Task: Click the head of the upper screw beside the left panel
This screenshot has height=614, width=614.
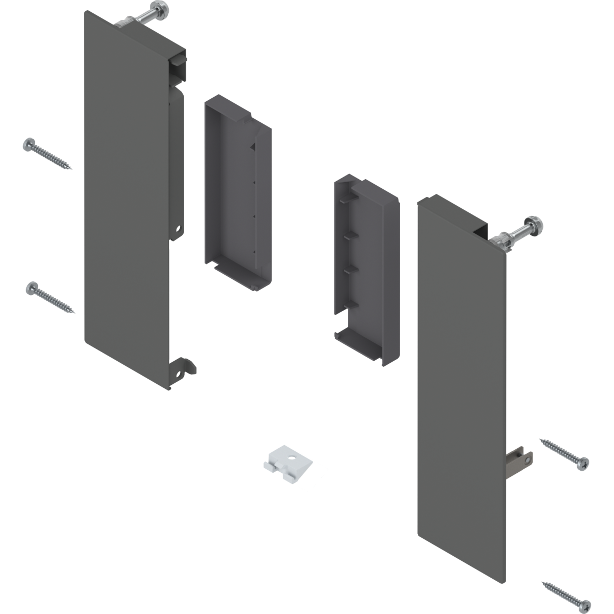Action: point(29,145)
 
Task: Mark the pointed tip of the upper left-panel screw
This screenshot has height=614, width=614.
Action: point(72,169)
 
